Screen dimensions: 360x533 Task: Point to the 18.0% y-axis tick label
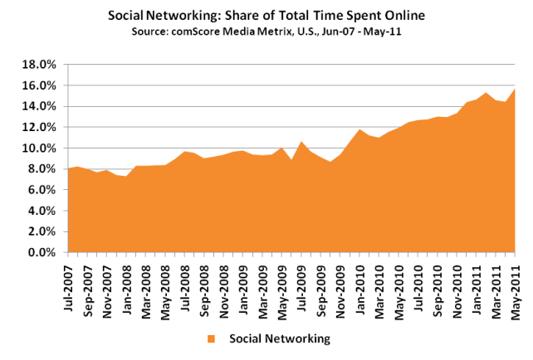click(x=41, y=64)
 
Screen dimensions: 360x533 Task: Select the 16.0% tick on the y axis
click(x=41, y=85)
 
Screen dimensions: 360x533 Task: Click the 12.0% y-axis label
click(x=41, y=127)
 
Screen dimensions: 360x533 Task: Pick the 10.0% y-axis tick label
click(x=41, y=148)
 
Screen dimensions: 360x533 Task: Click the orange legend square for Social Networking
click(x=213, y=338)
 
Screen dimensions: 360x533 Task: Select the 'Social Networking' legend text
click(x=279, y=338)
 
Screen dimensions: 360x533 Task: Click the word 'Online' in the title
click(x=399, y=15)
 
